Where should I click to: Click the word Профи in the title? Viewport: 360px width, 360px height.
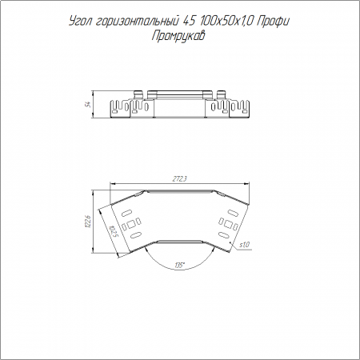[x=273, y=22]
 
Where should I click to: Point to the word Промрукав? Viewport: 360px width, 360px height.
[x=178, y=36]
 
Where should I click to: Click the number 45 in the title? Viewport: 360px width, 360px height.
[x=188, y=22]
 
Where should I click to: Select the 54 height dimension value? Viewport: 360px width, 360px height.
[x=88, y=104]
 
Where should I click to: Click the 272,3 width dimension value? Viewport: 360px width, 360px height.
[x=179, y=179]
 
